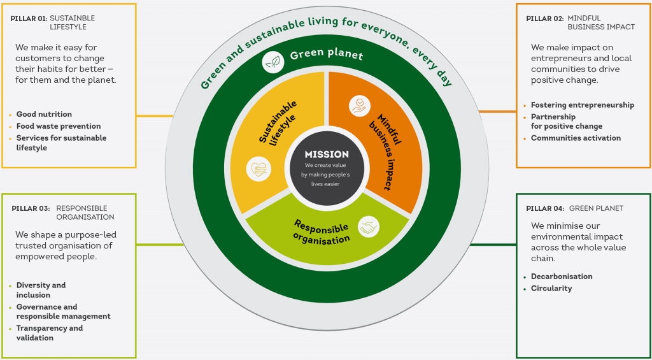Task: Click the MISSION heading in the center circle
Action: coord(327,154)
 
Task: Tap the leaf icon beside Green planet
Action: coord(273,62)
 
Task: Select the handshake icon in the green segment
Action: coord(369,226)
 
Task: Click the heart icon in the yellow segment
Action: coord(259,169)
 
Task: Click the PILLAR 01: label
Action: coord(29,18)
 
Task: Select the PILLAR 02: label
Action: coord(544,18)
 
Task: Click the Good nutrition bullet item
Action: coord(44,115)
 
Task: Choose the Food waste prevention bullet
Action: coord(58,126)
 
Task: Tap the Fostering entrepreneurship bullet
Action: coord(582,105)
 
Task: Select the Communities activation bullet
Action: coord(576,138)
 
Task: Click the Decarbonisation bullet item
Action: coord(562,277)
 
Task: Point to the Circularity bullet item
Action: coord(551,289)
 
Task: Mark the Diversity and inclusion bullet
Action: coord(41,290)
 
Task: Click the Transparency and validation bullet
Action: coord(49,333)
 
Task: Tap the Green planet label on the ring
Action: coord(327,55)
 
